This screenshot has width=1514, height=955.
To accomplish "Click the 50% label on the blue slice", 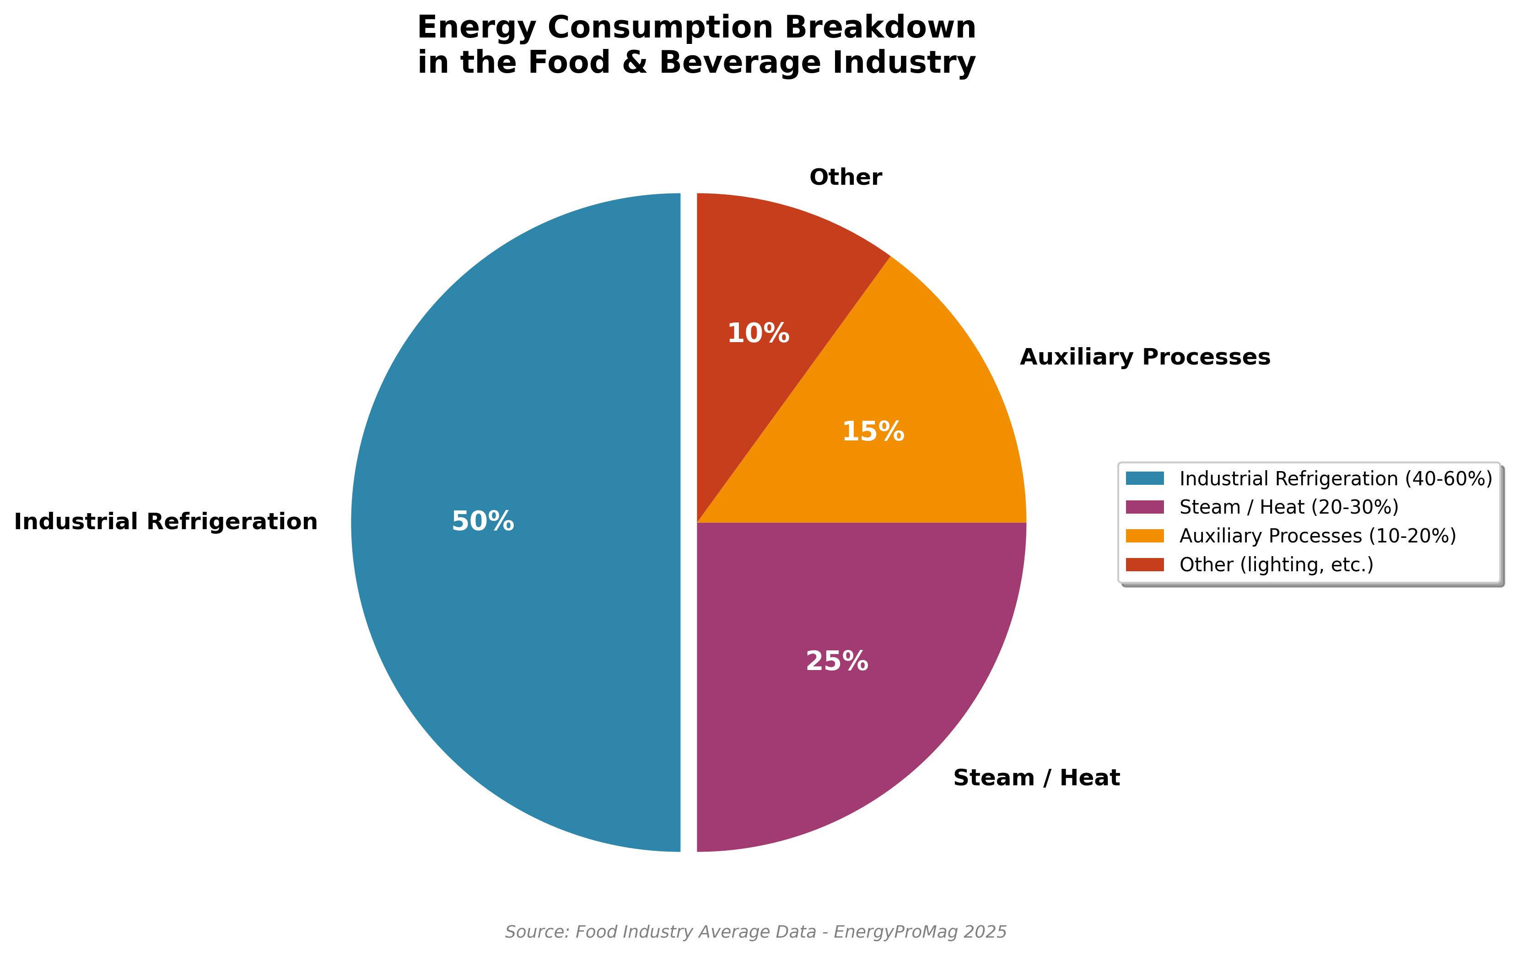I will (483, 522).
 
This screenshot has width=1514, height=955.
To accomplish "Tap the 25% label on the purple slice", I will (837, 661).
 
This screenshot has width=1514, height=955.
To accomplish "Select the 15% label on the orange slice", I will (873, 432).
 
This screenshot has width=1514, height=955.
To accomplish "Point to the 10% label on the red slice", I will (758, 333).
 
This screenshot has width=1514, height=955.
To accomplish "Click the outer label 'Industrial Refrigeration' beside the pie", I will (166, 522).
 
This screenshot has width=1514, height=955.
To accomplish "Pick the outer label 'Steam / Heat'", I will (1036, 778).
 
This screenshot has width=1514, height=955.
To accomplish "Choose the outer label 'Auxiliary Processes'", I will (1145, 357).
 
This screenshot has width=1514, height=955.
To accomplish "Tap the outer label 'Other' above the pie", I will (846, 177).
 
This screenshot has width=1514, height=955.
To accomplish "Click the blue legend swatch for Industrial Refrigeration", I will (1145, 478).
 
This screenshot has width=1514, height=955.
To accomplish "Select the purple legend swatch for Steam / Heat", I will (1145, 507).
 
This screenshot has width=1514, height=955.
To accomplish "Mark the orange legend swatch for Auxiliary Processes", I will (1145, 536).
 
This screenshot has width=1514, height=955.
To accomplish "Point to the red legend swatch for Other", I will (1145, 564).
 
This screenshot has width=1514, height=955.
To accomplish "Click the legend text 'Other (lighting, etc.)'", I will (1277, 564).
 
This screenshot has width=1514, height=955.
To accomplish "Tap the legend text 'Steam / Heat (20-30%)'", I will (1289, 507).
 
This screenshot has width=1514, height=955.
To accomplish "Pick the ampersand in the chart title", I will (635, 63).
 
